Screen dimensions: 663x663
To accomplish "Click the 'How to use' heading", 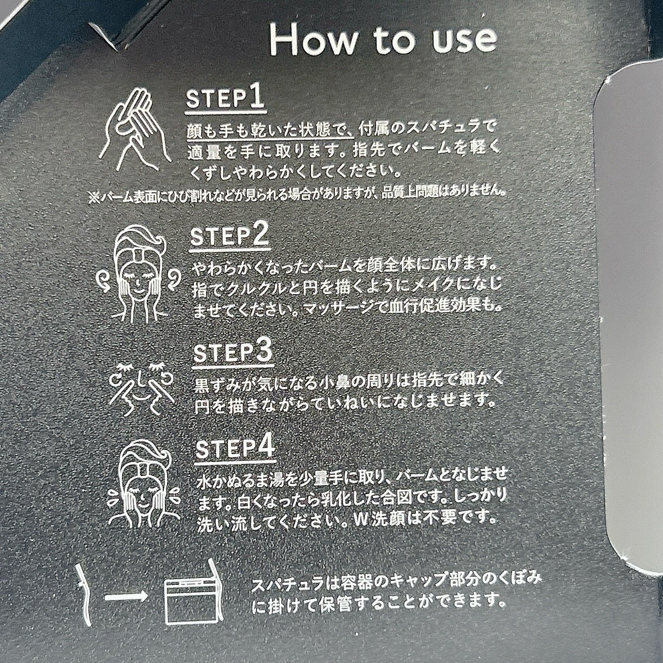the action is (383, 39).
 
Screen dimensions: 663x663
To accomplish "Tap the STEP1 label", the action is (225, 99).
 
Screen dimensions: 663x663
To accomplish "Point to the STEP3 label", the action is (232, 352).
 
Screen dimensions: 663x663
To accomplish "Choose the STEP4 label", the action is (236, 447).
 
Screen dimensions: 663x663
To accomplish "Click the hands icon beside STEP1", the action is (135, 129).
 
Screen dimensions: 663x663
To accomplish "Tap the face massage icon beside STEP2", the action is (139, 274).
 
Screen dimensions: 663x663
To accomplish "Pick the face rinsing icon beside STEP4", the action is (144, 484).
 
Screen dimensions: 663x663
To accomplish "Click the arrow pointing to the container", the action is (126, 597).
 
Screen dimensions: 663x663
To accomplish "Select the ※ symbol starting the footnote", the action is (94, 197).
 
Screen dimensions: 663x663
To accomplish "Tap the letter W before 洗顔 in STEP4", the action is (361, 520).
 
